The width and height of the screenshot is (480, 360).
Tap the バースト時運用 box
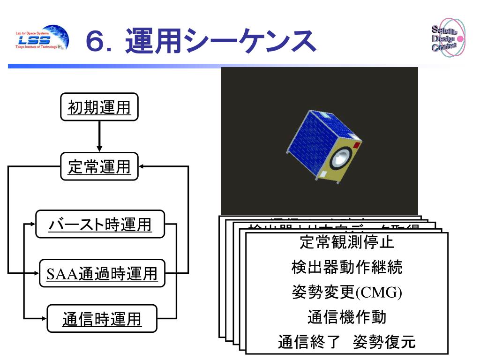[x=100, y=225]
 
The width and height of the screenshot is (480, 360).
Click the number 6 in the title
[x=97, y=42]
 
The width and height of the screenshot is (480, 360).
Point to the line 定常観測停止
[x=346, y=243]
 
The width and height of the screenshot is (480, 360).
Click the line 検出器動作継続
[x=346, y=268]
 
